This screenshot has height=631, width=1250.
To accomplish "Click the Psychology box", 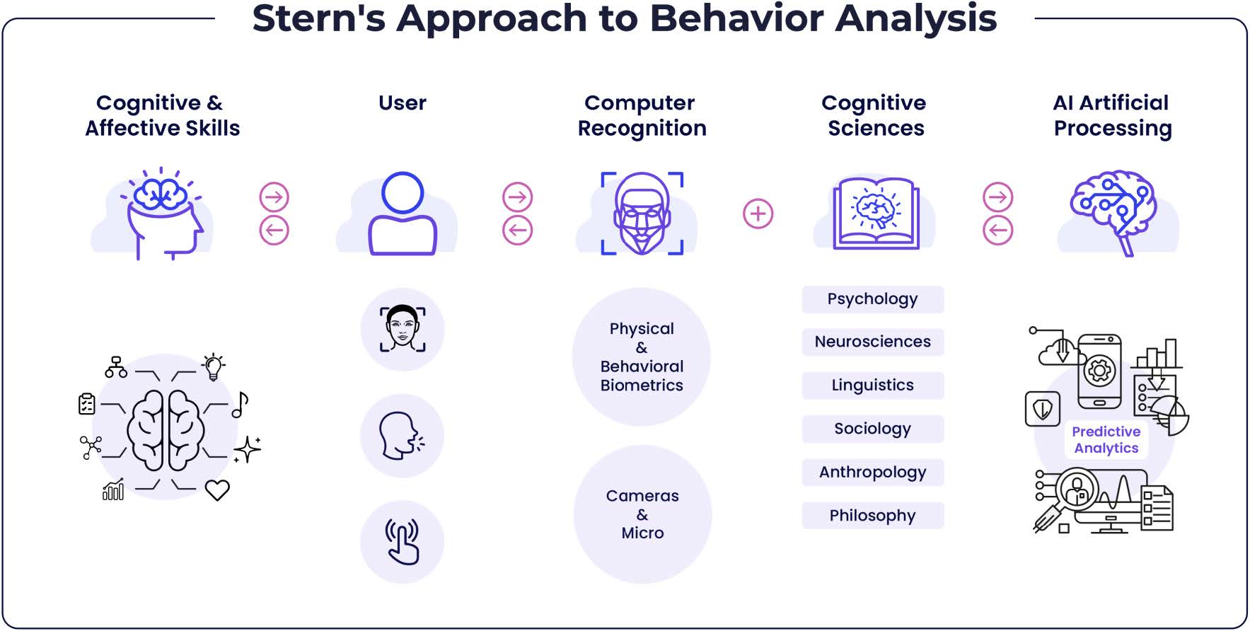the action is point(872,299).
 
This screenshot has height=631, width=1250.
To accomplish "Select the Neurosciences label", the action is point(872,342).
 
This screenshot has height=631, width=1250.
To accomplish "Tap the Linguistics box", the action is point(872,386).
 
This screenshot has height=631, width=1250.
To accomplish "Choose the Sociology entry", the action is point(872,429).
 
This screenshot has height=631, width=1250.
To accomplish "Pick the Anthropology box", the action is point(872,473).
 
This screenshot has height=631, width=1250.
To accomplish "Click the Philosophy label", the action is point(872,516).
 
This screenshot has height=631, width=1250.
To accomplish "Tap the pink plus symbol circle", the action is point(758,214).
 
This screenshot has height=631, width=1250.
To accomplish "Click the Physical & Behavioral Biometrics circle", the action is point(642,357).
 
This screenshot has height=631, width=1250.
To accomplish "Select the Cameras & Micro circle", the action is point(642,514).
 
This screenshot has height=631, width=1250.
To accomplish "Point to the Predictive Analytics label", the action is point(1106,440).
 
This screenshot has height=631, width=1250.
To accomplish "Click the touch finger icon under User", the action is point(402,542).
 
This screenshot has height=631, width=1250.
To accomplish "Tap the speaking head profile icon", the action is point(401,436).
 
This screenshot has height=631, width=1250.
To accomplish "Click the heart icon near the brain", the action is point(217,490).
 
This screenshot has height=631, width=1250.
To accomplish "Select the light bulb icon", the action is point(213,366).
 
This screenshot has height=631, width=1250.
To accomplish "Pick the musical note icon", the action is point(241,405).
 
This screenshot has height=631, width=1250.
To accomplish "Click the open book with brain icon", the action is point(876,213).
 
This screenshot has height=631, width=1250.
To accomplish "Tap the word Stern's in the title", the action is point(318,18).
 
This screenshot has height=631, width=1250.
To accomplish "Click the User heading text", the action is point(403,103).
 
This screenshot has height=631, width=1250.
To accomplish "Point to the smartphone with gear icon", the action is point(1099,371).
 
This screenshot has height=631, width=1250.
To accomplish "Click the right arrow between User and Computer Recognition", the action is point(517,197).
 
